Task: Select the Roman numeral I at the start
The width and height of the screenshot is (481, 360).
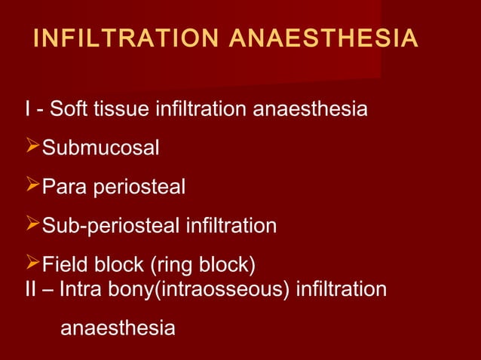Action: click(x=28, y=110)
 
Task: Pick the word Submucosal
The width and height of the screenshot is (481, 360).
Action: click(x=100, y=148)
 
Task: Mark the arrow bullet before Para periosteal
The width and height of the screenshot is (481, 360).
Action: click(x=32, y=185)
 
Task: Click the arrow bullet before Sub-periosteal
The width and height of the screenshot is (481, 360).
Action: click(x=32, y=224)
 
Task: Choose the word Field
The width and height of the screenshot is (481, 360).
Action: click(x=66, y=264)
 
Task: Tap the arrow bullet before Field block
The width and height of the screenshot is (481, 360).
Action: click(x=32, y=263)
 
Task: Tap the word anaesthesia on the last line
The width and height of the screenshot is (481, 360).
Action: click(x=117, y=329)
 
